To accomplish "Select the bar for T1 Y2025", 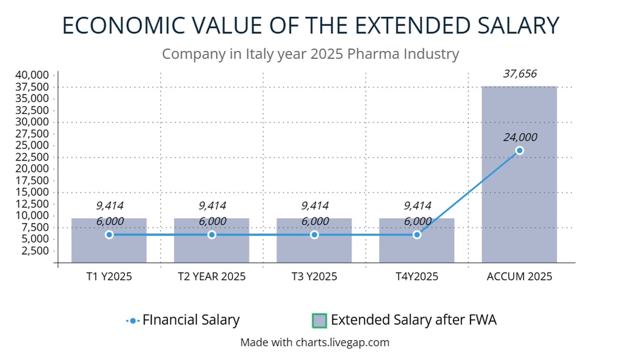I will pos(109,248).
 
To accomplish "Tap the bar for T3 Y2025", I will pos(314,248).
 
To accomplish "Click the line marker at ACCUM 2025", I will pos(519,150).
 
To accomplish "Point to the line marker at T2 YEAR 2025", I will pos(212,235).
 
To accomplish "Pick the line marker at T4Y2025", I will pos(417,235).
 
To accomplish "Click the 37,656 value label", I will pos(520,73).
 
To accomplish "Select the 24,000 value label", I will pos(520,137).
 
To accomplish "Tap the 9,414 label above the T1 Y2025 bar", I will pos(110,206).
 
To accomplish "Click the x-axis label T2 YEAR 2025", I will pos(212,277).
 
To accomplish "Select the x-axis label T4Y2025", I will pos(417,277).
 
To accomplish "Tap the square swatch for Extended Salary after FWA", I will pos(320,320).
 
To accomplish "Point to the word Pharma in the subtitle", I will pos(371,54).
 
